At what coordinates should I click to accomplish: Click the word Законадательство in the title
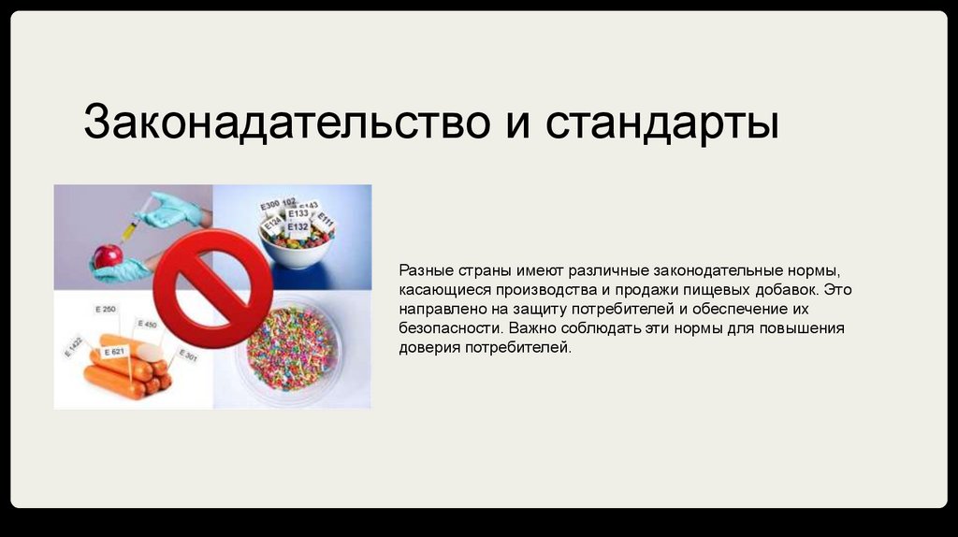click(280, 123)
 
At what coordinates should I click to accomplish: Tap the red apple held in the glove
click(109, 254)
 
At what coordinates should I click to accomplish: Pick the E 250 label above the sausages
click(105, 310)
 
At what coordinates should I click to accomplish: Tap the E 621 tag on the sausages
click(115, 351)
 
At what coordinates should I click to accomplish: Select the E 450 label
click(147, 325)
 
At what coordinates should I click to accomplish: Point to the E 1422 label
click(73, 347)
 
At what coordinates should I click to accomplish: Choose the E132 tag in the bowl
click(298, 226)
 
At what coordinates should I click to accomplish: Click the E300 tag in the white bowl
click(269, 205)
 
